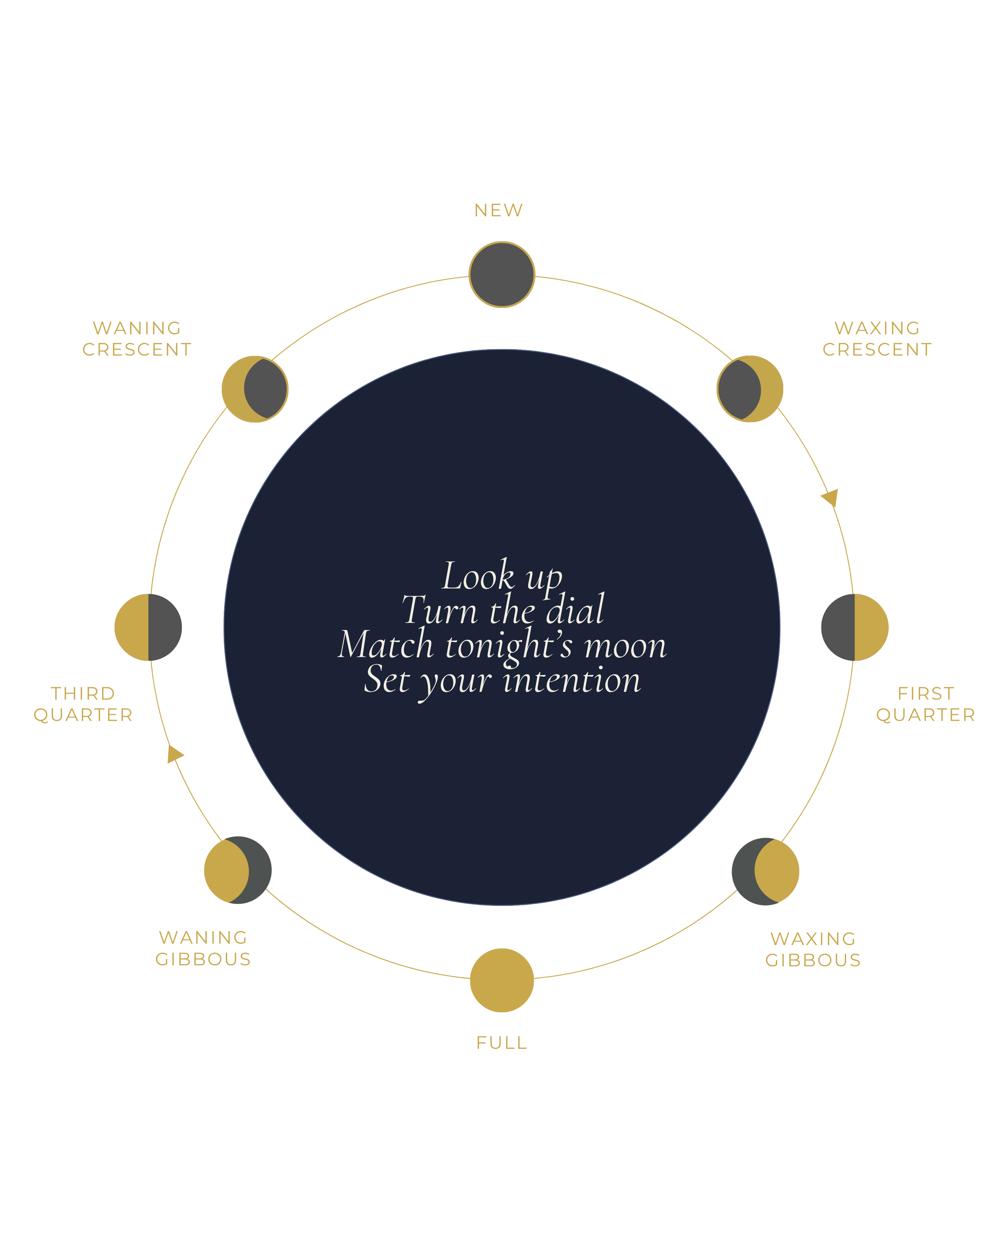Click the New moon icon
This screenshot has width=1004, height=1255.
click(x=502, y=274)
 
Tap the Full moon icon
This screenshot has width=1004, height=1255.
click(x=502, y=980)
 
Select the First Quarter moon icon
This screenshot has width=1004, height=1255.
click(x=855, y=627)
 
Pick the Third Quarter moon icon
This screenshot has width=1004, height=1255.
click(x=148, y=627)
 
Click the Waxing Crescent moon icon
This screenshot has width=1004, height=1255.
click(x=750, y=388)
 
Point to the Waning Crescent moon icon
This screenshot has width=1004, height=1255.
click(x=255, y=388)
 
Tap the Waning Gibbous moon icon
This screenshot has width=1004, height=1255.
click(x=237, y=870)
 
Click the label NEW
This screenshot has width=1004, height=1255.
click(x=499, y=210)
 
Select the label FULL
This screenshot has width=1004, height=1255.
click(x=502, y=1042)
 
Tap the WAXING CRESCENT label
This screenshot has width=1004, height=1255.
click(x=877, y=338)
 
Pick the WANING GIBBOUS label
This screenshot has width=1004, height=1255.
click(x=203, y=948)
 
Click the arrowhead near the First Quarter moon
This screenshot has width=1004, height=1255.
click(x=831, y=498)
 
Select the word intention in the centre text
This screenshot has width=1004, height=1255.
click(x=572, y=679)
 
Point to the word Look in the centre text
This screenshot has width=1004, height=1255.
click(x=478, y=575)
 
